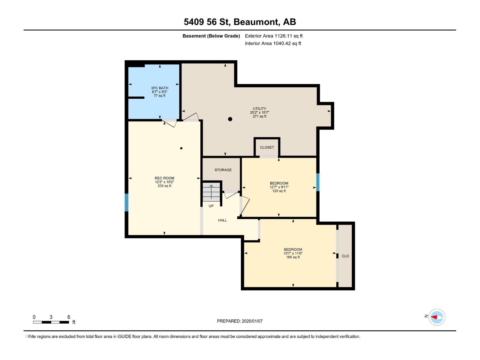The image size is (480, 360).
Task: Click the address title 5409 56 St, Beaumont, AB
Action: click(240, 22)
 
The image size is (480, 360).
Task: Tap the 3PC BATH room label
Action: click(159, 88)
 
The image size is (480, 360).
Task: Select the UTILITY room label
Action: click(259, 109)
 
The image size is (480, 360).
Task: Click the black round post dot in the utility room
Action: click(230, 119)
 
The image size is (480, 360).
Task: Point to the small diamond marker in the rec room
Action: click(181, 148)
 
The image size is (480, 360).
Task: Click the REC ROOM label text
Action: click(164, 178)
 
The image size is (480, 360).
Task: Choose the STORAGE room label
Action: click(223, 170)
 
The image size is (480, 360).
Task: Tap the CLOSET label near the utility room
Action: click(267, 147)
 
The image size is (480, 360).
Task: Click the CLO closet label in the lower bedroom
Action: click(345, 256)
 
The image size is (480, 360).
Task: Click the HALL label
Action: click(222, 220)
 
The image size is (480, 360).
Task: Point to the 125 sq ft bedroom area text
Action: click(279, 191)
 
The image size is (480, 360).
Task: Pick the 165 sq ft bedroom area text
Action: click(293, 257)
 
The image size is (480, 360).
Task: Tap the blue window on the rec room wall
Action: click(127, 202)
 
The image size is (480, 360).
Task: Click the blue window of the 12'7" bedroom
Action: click(318, 182)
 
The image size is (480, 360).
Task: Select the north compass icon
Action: click(436, 317)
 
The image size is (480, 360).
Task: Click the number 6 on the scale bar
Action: click(69, 317)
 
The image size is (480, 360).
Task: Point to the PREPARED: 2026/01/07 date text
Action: click(240, 321)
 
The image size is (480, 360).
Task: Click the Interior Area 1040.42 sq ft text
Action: click(273, 43)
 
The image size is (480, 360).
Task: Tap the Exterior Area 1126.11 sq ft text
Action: click(274, 36)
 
